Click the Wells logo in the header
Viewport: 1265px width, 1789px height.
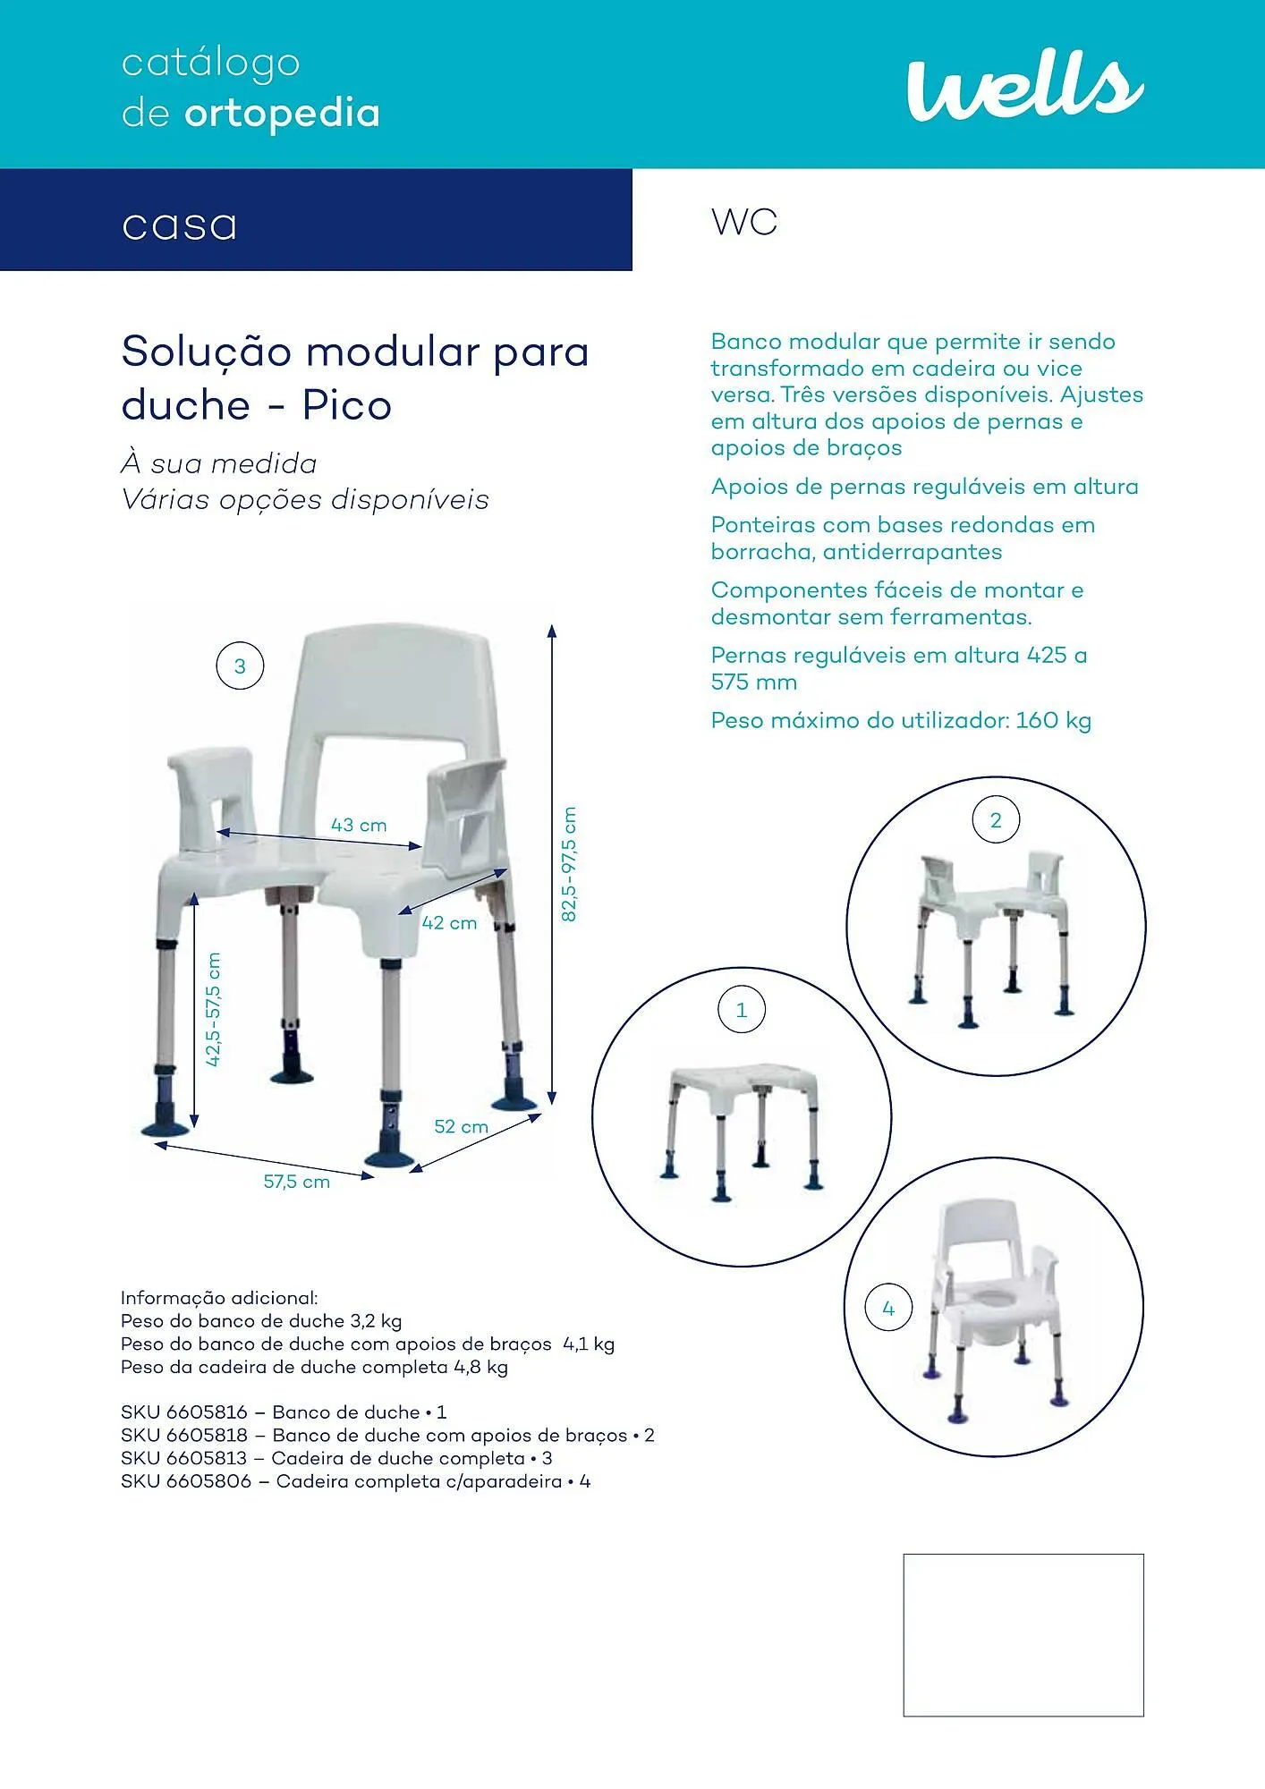point(1024,86)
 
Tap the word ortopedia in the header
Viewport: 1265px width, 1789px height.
point(282,114)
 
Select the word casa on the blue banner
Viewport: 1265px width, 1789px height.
point(180,225)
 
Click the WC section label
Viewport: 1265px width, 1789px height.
point(744,222)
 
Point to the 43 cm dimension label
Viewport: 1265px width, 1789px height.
point(359,825)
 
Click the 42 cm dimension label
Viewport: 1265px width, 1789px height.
point(449,923)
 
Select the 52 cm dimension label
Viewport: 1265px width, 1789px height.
point(461,1127)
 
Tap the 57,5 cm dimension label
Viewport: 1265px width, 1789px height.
point(296,1182)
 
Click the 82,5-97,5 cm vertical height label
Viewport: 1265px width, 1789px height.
point(570,864)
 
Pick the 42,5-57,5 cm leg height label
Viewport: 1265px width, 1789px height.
point(214,1009)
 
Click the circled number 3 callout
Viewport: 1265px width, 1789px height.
point(240,666)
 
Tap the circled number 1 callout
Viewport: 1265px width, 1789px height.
point(741,1010)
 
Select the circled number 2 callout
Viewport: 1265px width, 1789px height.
point(996,820)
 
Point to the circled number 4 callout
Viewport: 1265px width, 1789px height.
point(888,1309)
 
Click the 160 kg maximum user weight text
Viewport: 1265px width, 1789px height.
point(1053,721)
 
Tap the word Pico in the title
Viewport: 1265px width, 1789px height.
point(347,405)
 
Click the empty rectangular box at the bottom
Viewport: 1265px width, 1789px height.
point(1023,1634)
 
